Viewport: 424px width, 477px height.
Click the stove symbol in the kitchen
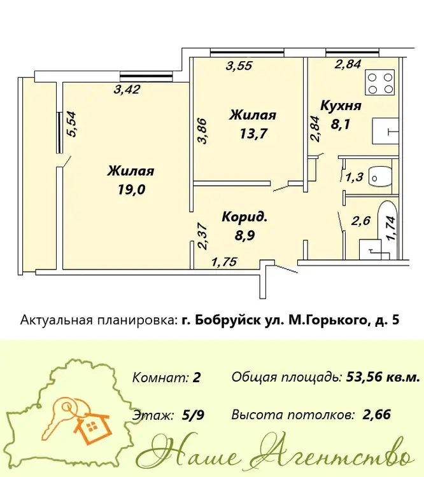pos(379,82)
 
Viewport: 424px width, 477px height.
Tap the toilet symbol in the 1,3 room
pos(380,177)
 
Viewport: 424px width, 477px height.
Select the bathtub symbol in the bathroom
pos(387,230)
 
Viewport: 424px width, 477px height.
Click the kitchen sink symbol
pos(385,131)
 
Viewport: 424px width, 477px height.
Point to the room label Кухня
pos(341,106)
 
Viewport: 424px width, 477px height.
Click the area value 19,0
pos(131,190)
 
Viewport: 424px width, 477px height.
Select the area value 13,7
pos(253,134)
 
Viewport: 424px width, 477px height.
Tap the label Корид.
pos(244,217)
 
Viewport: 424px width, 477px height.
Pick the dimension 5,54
pos(73,125)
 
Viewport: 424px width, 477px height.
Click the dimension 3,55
pos(239,66)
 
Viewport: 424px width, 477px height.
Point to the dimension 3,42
pos(127,89)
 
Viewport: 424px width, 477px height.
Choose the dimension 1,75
pos(224,261)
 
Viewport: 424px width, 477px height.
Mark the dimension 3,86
pos(202,131)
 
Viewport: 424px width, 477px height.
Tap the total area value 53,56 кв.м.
pos(383,377)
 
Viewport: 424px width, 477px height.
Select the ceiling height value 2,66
pos(377,414)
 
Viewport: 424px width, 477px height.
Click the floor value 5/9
pos(193,415)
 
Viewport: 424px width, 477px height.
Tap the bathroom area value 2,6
pos(361,221)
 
